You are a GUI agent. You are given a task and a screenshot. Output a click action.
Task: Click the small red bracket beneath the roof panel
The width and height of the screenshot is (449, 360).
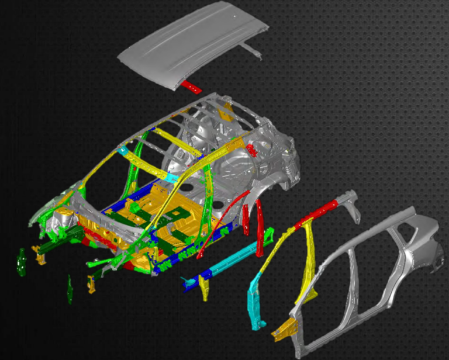pyautogui.click(x=191, y=88)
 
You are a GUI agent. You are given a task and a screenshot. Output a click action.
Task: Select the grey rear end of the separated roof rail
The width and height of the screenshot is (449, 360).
pyautogui.click(x=350, y=202)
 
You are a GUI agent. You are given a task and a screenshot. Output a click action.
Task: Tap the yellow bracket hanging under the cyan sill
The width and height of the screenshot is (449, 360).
pyautogui.click(x=204, y=288)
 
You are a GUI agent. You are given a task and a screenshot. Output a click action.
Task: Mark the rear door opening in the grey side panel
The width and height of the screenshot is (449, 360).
pyautogui.click(x=374, y=269)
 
